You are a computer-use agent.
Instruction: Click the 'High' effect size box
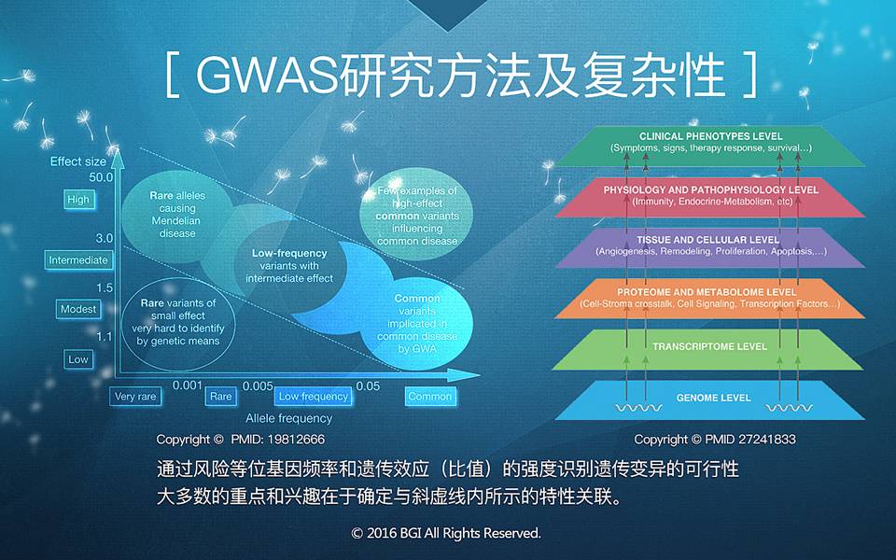[x=78, y=200]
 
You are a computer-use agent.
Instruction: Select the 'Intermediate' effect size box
[x=78, y=260]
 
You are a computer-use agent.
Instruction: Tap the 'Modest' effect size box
[x=78, y=309]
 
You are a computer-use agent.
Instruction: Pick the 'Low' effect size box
[x=78, y=359]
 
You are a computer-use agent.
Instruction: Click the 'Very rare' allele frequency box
[x=135, y=397]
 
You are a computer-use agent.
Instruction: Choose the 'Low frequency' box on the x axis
[x=314, y=397]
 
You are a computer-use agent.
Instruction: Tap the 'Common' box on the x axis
[x=430, y=397]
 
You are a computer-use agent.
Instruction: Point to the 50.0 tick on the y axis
[x=101, y=177]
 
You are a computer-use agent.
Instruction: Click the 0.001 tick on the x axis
[x=188, y=385]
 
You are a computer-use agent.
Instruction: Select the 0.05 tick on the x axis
[x=368, y=386]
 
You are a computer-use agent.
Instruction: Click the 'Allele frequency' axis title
[x=288, y=418]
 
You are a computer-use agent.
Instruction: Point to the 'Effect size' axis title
[x=78, y=161]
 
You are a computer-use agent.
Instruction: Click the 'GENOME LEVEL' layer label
[x=713, y=398]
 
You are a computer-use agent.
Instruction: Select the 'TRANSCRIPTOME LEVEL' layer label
[x=709, y=346]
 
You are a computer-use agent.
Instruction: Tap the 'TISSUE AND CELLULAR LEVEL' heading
[x=708, y=240]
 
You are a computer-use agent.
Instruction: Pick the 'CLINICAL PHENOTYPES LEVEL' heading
[x=711, y=136]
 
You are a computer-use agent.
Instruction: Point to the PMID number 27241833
[x=765, y=440]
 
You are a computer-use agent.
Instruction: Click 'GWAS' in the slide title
[x=268, y=75]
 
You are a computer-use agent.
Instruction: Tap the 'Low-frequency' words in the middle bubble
[x=289, y=253]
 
